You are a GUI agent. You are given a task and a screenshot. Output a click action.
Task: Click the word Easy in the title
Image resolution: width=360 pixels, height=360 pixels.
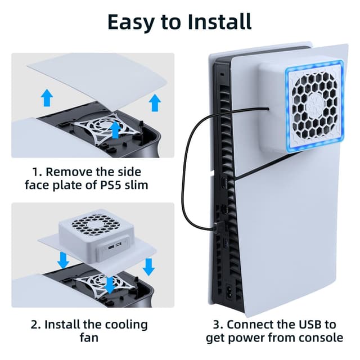click(x=131, y=22)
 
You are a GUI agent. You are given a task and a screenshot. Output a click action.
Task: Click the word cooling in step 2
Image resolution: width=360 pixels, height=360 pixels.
click(x=126, y=325)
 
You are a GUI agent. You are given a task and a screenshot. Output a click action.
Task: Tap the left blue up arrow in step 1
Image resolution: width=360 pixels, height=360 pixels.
click(x=47, y=97)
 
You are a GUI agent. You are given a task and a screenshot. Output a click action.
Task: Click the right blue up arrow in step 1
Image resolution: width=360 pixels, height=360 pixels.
click(x=155, y=102)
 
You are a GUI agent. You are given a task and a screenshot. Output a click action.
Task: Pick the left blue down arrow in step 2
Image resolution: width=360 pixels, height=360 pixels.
click(x=63, y=260)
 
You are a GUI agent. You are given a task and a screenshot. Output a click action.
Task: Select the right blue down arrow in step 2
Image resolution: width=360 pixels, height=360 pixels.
click(x=148, y=267)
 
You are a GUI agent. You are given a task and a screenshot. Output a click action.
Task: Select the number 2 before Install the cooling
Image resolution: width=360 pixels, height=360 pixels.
click(x=34, y=325)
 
